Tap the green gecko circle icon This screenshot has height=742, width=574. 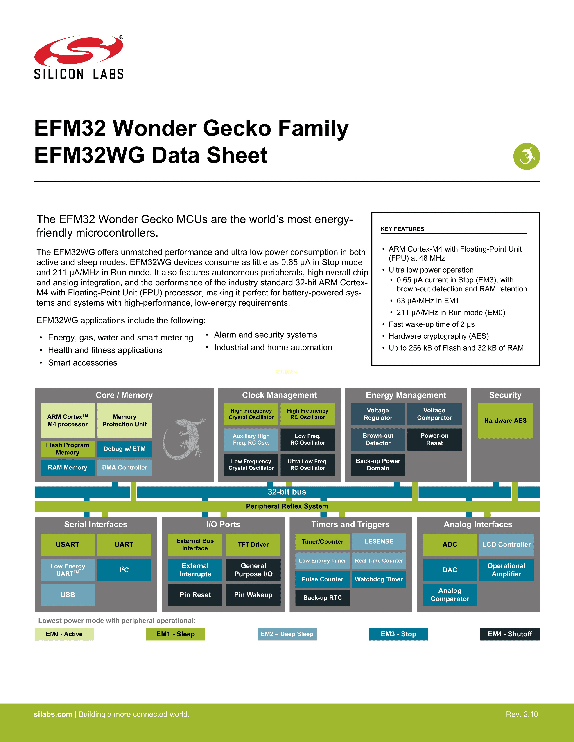point(527,156)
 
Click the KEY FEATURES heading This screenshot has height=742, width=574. point(402,229)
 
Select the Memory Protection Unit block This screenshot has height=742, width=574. point(124,421)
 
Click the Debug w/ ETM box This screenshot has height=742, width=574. point(124,449)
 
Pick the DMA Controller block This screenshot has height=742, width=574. point(124,467)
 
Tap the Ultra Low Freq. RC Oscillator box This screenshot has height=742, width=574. point(307,465)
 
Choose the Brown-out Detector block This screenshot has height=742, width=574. point(378,439)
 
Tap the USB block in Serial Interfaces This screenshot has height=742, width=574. point(68,594)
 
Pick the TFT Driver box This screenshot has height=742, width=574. point(253,544)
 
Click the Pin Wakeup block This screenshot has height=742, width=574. point(253,594)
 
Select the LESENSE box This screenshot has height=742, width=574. point(379,542)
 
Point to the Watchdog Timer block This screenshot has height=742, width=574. point(379,579)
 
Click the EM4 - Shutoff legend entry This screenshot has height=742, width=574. point(509,634)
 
